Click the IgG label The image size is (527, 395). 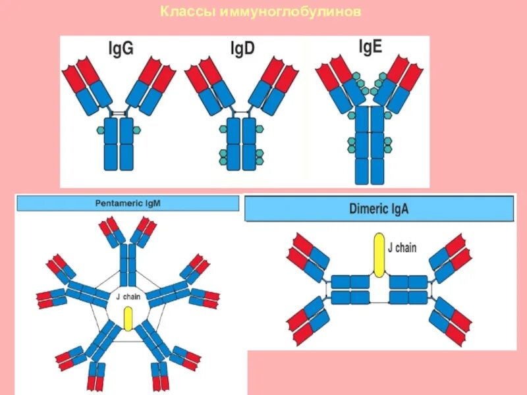[x=121, y=49]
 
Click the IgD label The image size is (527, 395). [x=242, y=49]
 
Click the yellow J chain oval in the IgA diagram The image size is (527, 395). [x=379, y=253]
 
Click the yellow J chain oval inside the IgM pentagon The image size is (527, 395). [x=128, y=319]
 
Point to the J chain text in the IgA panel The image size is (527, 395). [x=402, y=248]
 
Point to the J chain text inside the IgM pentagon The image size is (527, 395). [x=127, y=297]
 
